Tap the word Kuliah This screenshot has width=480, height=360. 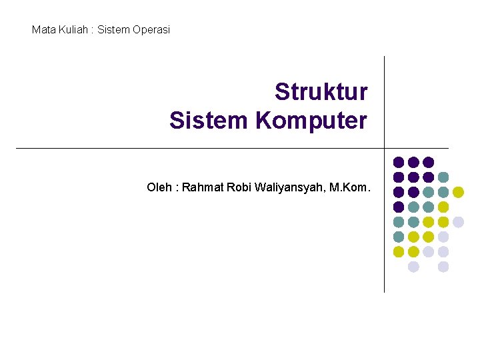[x=72, y=30]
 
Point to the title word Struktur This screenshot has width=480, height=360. [x=321, y=92]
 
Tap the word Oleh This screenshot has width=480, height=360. [x=159, y=187]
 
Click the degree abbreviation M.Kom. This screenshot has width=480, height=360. [x=350, y=187]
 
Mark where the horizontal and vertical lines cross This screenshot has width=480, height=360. [x=385, y=148]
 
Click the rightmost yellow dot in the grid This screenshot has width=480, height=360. [x=458, y=192]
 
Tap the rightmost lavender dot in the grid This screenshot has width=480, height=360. [x=458, y=222]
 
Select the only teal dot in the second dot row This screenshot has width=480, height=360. [x=443, y=177]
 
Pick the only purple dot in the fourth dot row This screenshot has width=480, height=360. [x=399, y=207]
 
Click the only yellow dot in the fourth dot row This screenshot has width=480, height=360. [x=443, y=207]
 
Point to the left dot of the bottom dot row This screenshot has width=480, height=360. [x=413, y=267]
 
